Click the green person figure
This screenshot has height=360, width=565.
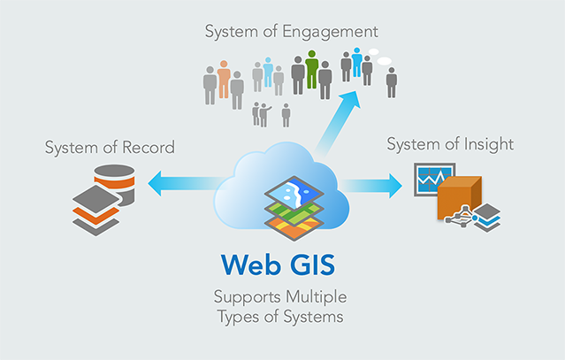[x=311, y=71]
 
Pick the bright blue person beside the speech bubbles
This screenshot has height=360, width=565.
[x=357, y=63]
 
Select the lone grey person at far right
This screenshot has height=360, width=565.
[x=391, y=81]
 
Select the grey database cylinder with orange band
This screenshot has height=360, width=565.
[x=115, y=182]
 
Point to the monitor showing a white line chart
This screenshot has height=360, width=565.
[x=431, y=180]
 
